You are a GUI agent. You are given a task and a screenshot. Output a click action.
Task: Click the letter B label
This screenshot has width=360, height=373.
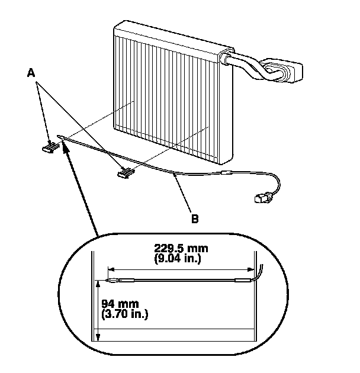click(194, 217)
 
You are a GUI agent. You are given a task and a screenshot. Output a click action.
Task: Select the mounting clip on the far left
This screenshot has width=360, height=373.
click(47, 147)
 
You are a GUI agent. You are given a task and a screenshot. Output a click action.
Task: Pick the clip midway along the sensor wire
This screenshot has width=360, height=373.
click(125, 172)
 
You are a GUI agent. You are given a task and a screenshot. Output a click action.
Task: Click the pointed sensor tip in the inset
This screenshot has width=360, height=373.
click(105, 279)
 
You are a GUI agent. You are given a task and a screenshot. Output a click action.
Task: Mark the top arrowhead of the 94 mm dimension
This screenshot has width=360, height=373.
click(98, 285)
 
